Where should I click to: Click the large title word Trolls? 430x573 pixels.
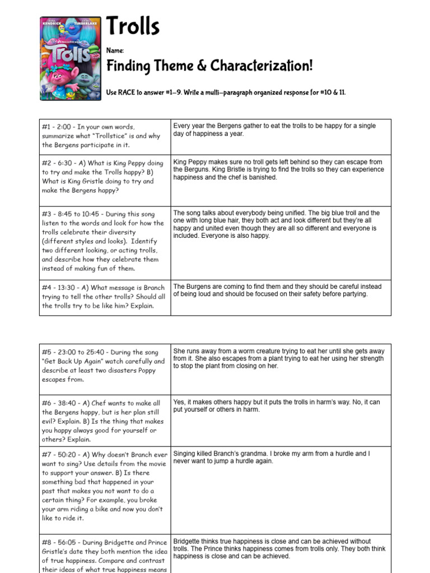(x=133, y=27)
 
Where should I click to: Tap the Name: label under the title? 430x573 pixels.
(x=115, y=51)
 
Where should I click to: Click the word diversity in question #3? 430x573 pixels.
(x=120, y=232)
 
